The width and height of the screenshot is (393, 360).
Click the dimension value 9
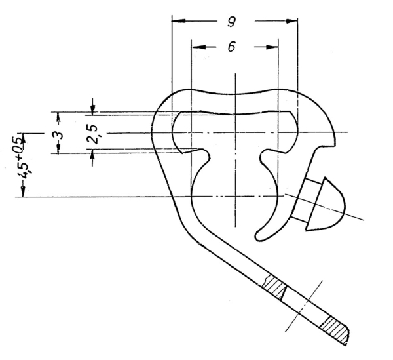click(x=232, y=22)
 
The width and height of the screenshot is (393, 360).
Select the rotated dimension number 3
click(x=58, y=134)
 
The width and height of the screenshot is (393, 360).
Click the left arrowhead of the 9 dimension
click(x=174, y=21)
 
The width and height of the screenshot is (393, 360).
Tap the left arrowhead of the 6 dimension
click(x=194, y=47)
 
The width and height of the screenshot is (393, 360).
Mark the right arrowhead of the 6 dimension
click(x=274, y=47)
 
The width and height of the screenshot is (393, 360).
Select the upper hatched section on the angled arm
click(x=275, y=287)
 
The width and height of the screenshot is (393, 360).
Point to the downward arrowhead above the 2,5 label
click(x=92, y=106)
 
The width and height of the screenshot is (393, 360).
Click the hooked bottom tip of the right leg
click(x=261, y=231)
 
